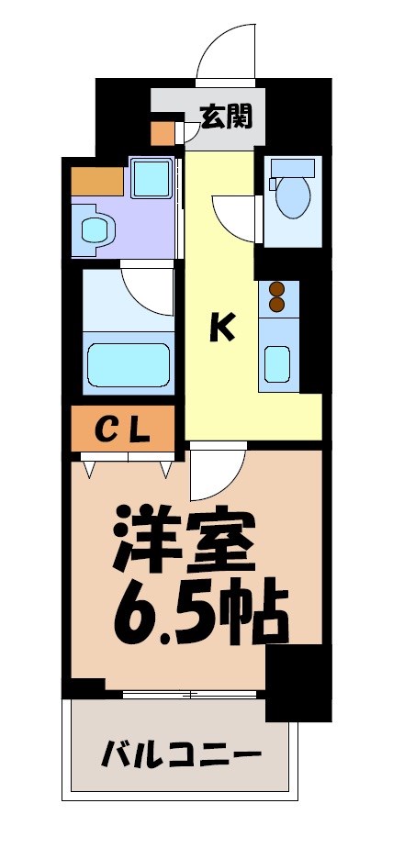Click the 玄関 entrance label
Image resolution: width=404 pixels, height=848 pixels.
click(x=226, y=117)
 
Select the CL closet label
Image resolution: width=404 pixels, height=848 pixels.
click(x=123, y=427)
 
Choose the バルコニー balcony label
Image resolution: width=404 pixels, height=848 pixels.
click(x=181, y=757)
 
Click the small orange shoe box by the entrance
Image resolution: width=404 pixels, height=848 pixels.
click(x=163, y=134)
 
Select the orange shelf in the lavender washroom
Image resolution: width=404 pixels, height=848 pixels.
click(x=95, y=181)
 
